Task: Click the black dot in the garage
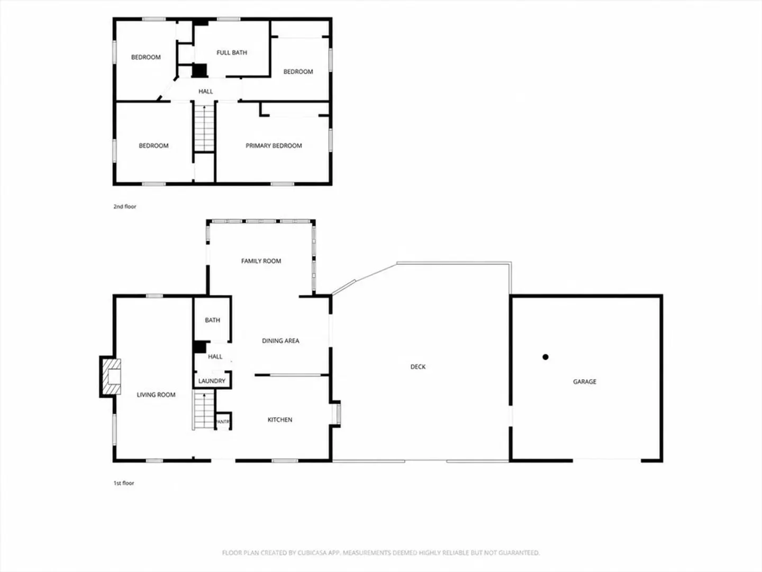coord(546,356)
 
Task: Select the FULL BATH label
coord(232,52)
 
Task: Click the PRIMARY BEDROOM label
coord(274,146)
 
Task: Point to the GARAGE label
coord(585,381)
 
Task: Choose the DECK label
coord(418,367)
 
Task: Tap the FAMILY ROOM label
coord(261,261)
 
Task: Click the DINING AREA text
coord(280,341)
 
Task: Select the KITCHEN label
coord(280,419)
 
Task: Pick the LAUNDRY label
coord(212,381)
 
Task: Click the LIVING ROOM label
coord(156,395)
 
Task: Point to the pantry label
coord(223,422)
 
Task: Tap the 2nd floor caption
coord(125,207)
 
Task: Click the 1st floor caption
coord(124,482)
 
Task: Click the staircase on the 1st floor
coord(203,410)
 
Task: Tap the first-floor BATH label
coord(212,320)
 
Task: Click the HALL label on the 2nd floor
coord(205,91)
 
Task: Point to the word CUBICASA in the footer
coord(312,552)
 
